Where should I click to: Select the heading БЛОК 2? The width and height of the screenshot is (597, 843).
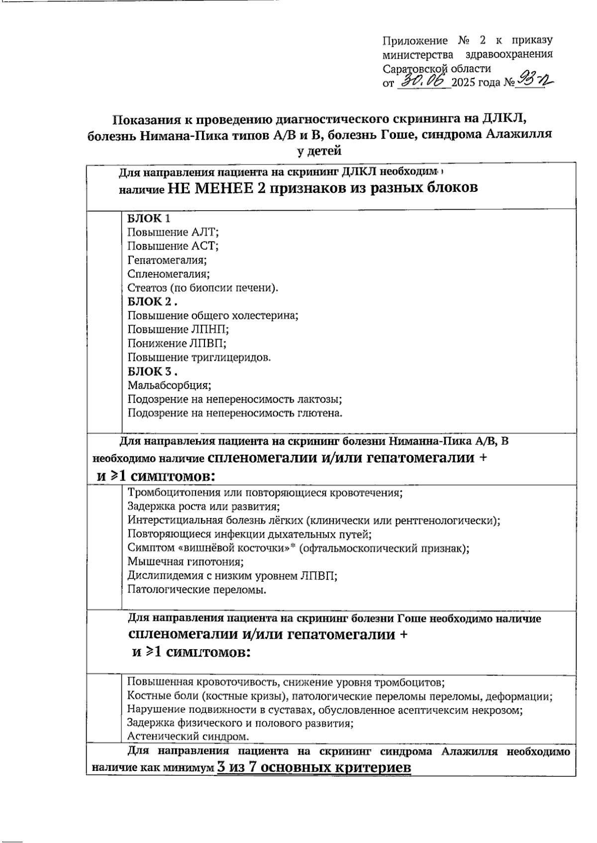[x=151, y=301]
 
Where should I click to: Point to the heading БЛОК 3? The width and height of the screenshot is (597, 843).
[x=151, y=371]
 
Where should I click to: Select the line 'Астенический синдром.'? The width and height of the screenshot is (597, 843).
[x=188, y=736]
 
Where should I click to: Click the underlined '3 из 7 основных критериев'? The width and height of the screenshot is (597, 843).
[x=314, y=767]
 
